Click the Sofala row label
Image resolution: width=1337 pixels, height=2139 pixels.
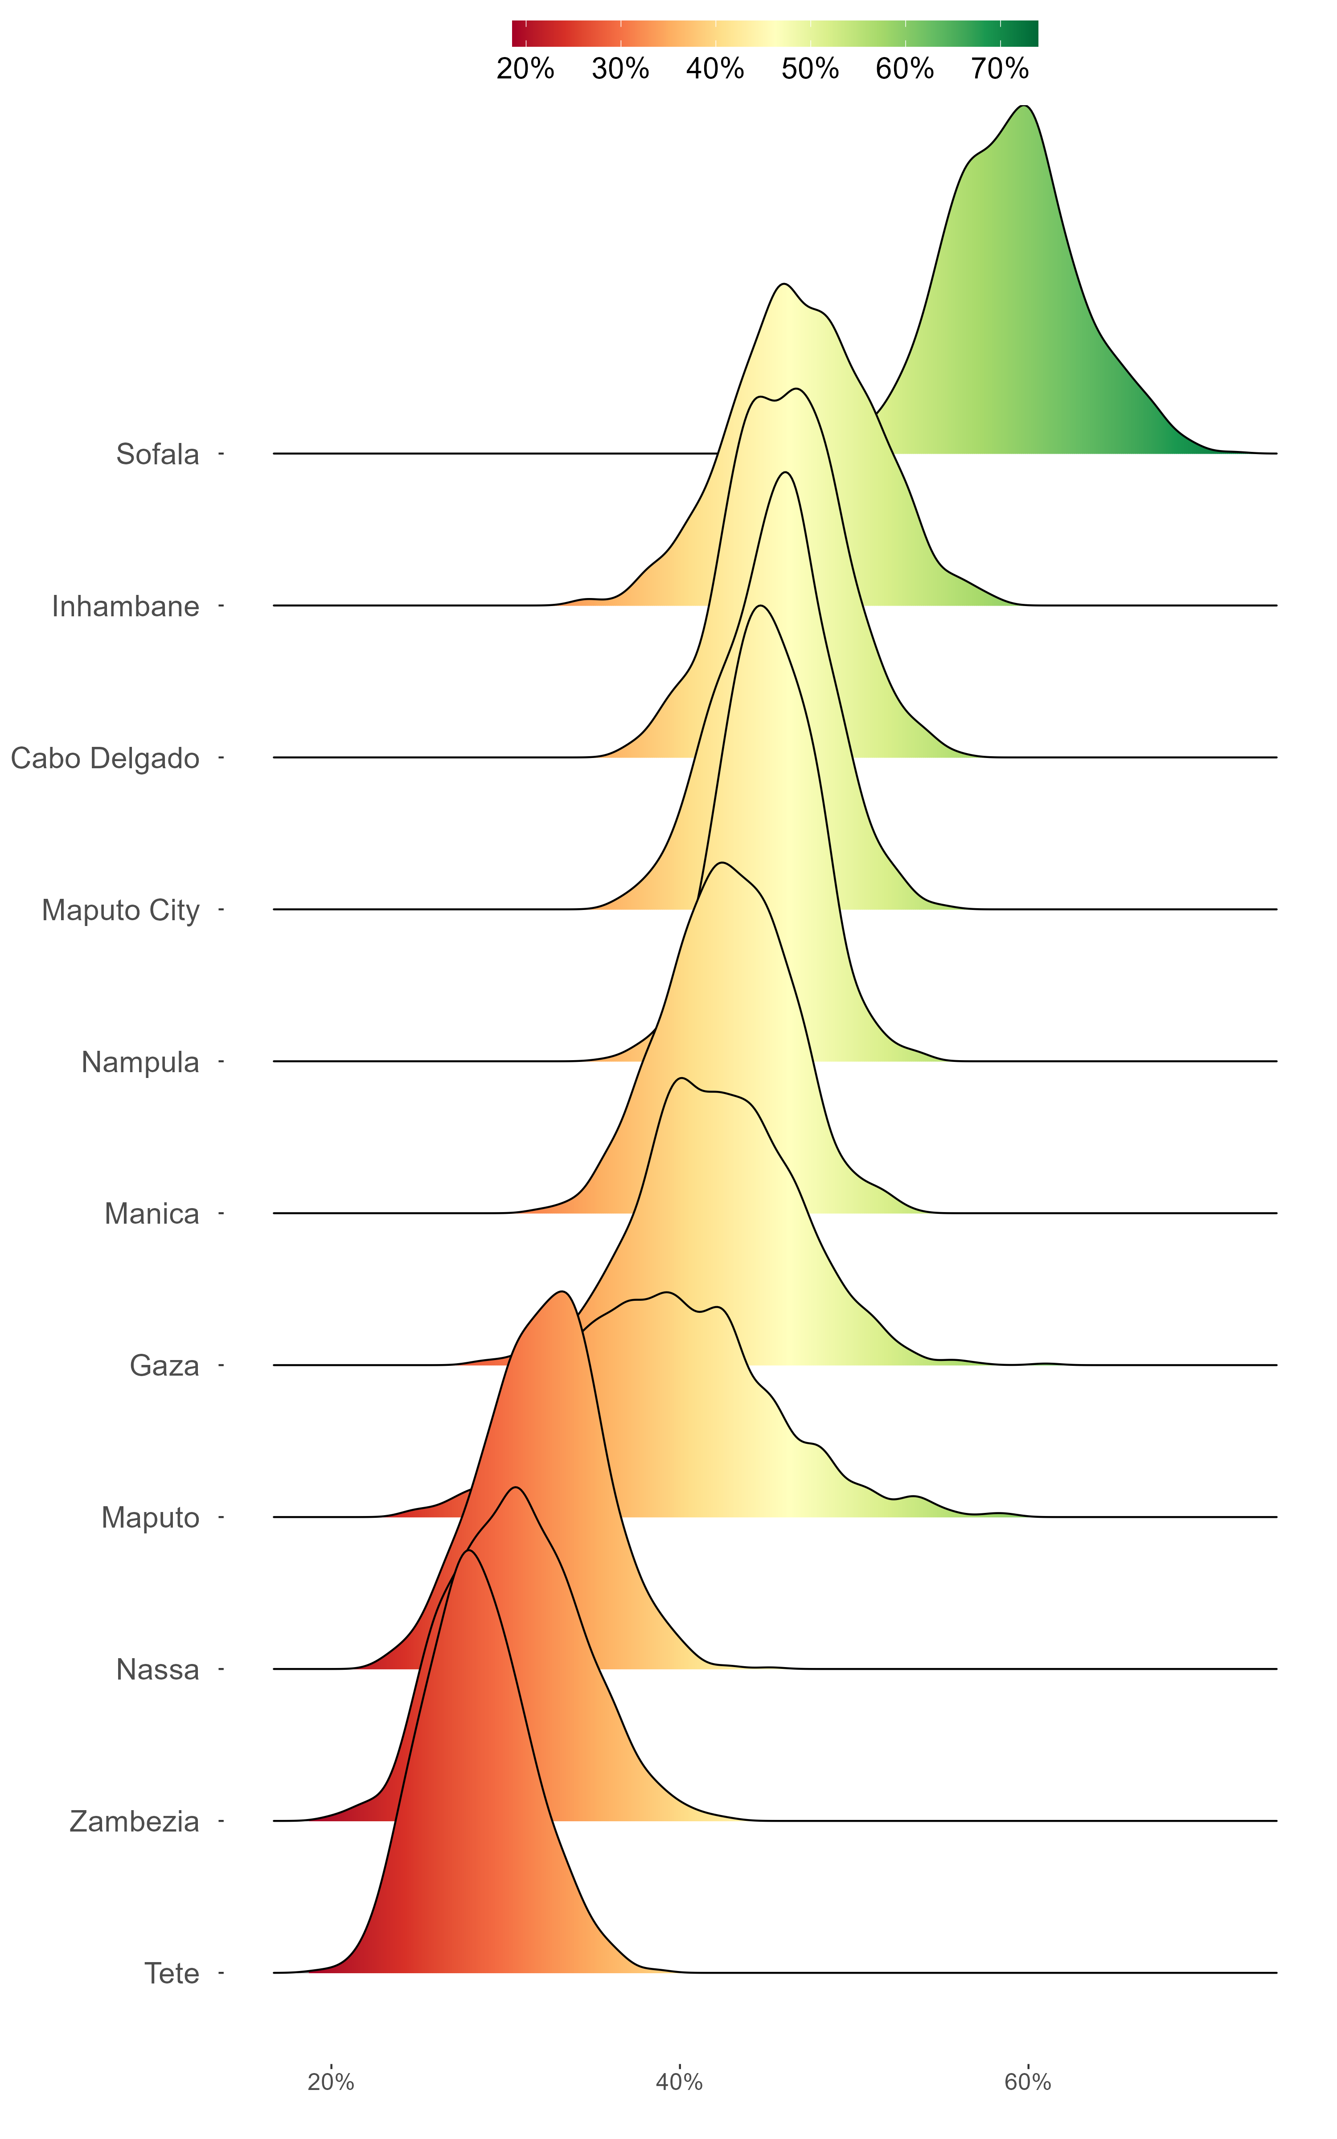[157, 455]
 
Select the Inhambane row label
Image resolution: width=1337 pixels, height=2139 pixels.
[126, 606]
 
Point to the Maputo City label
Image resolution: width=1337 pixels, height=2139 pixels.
[120, 910]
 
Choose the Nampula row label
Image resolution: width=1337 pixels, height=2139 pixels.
[139, 1061]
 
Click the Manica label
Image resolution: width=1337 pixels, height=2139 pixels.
[151, 1213]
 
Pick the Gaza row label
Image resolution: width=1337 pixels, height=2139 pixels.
[164, 1365]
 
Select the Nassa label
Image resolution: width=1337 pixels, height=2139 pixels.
[157, 1670]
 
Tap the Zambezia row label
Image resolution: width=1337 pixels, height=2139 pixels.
[135, 1822]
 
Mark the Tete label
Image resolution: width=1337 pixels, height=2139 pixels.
[172, 1974]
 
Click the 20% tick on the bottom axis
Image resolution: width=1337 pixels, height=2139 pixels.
[331, 2082]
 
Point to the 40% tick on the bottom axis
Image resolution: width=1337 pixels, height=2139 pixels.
[679, 2082]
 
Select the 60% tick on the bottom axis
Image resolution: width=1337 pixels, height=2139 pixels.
[1028, 2082]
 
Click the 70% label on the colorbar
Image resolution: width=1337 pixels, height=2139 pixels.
[1000, 69]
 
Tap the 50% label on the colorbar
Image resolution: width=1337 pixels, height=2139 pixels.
[810, 69]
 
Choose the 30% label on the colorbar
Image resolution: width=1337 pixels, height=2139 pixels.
[620, 69]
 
